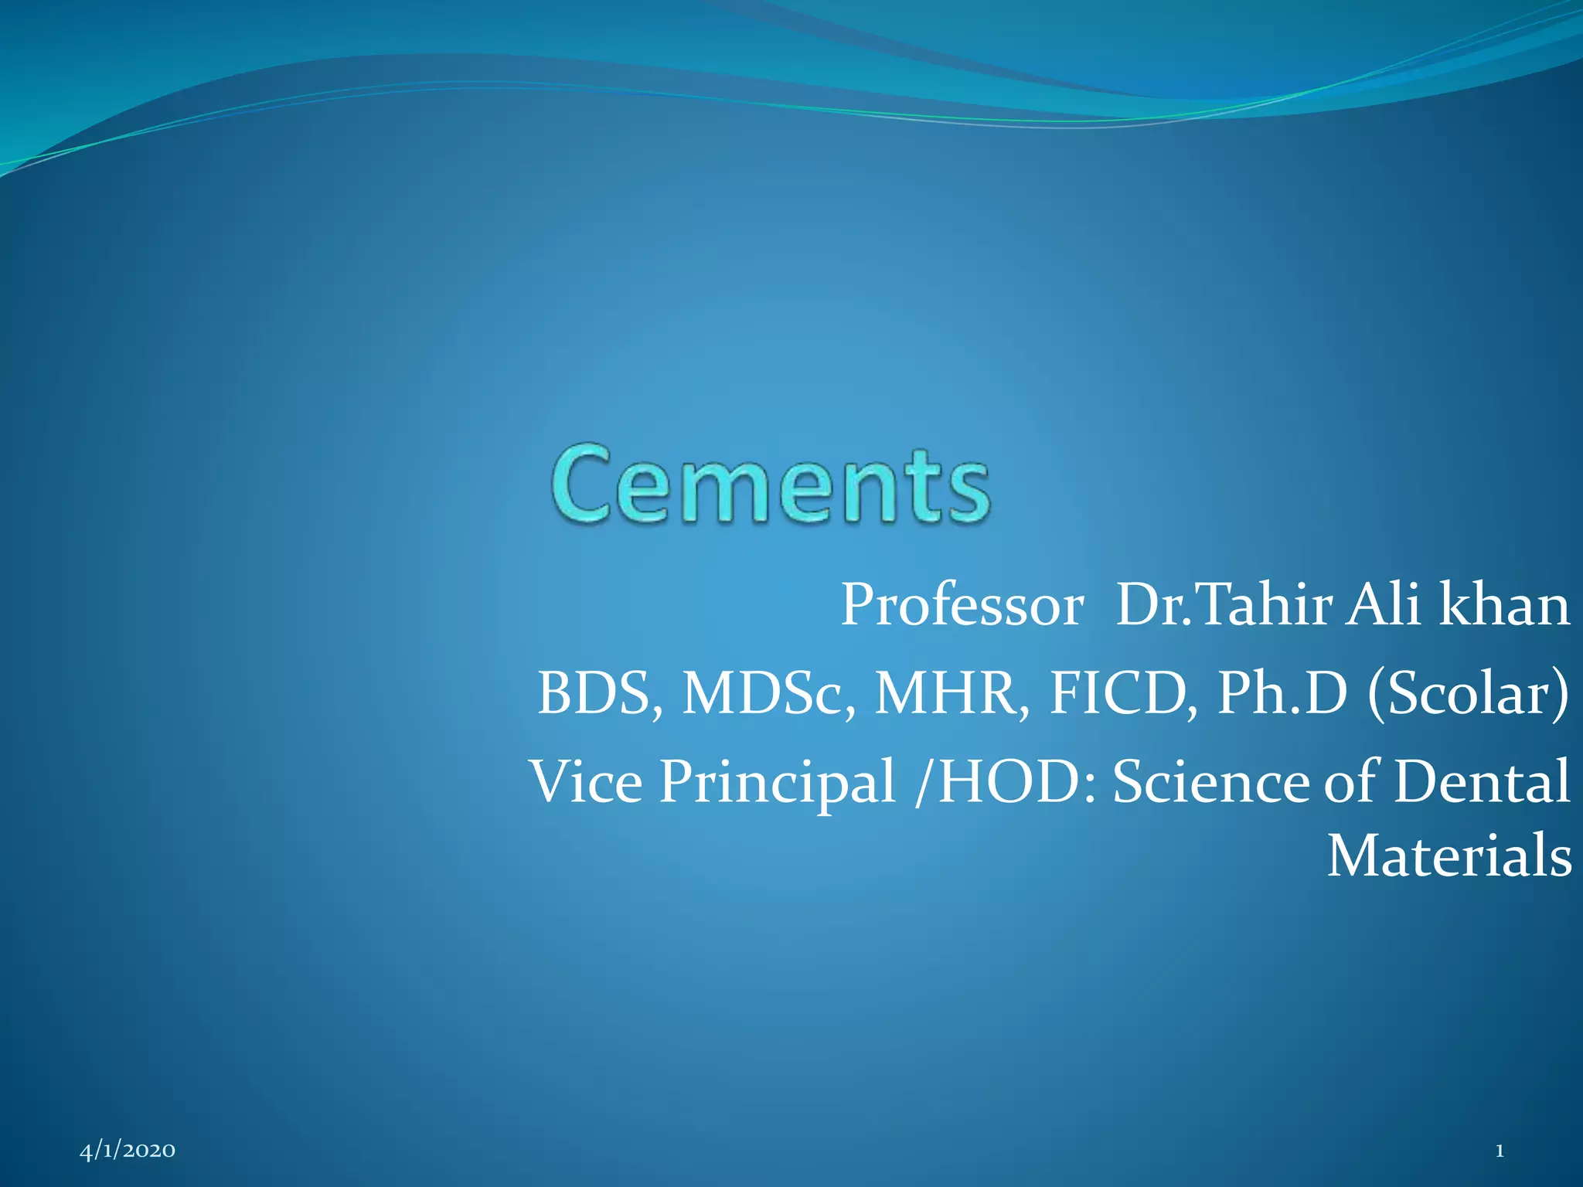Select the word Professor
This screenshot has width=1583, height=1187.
point(962,605)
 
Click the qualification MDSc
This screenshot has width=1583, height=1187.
point(768,693)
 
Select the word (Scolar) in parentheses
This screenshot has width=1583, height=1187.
point(1468,693)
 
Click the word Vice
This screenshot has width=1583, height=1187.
point(585,781)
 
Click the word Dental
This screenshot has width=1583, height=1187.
point(1481,781)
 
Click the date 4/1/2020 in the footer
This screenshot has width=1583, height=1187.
point(128,1151)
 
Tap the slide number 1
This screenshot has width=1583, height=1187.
point(1500,1151)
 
